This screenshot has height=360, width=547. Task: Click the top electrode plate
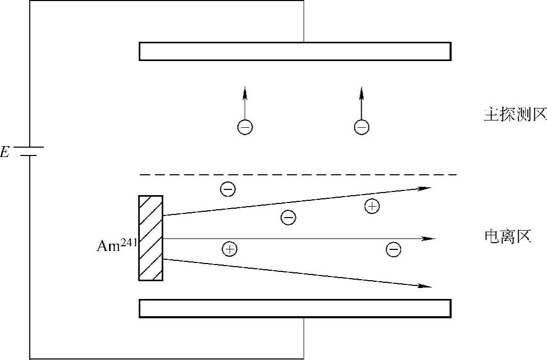click(x=295, y=51)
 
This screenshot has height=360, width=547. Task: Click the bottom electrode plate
click(x=295, y=308)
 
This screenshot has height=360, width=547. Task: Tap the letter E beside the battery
click(x=5, y=153)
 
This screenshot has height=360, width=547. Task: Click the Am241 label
click(x=117, y=245)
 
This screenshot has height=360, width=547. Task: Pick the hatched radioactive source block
click(x=151, y=238)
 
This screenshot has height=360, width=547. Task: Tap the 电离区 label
click(x=508, y=238)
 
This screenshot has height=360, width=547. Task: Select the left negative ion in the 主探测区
click(x=245, y=127)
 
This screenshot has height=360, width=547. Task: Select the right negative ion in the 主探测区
click(x=361, y=127)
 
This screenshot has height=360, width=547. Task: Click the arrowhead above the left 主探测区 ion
click(x=245, y=94)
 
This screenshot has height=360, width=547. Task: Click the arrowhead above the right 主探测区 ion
click(x=361, y=94)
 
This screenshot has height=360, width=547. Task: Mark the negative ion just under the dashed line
click(x=228, y=189)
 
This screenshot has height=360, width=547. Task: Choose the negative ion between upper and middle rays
click(x=288, y=217)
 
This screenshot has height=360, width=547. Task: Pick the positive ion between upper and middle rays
click(x=372, y=207)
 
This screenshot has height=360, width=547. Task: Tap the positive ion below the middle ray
click(x=229, y=249)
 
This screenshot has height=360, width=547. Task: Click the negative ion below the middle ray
click(x=394, y=249)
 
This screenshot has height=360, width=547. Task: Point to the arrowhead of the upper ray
click(x=425, y=188)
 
